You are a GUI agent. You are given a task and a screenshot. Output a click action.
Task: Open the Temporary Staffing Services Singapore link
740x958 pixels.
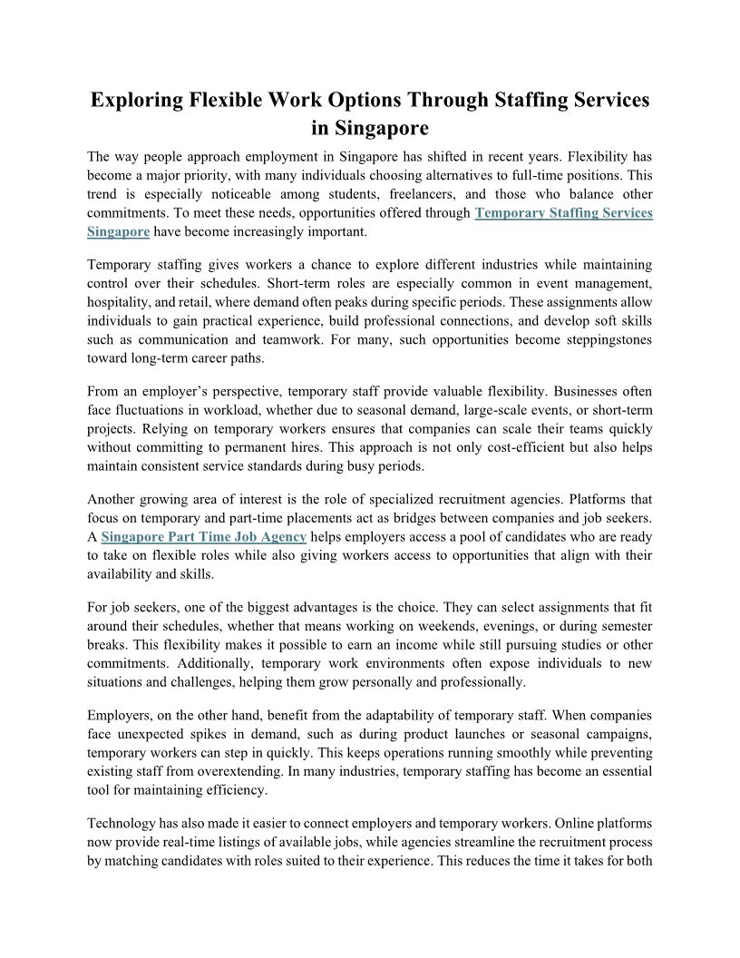563,213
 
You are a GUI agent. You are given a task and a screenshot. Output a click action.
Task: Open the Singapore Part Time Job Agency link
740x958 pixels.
204,537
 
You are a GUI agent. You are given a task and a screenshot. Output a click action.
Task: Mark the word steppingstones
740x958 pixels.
599,339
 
